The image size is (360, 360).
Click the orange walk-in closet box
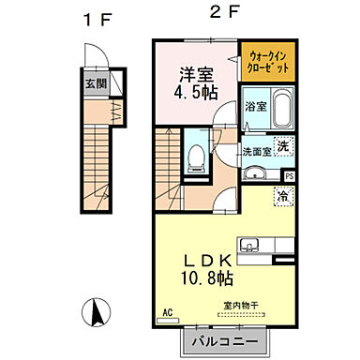coord(269,64)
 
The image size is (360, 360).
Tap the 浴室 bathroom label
coord(253,106)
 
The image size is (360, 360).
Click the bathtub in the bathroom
coord(283,110)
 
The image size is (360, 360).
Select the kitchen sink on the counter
coord(249,246)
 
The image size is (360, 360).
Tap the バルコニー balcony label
coord(226,340)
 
